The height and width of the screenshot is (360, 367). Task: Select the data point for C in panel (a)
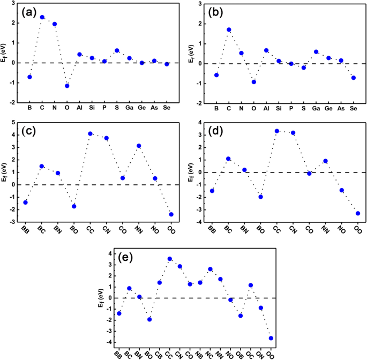tap(42, 17)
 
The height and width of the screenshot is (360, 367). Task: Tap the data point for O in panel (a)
tap(67, 86)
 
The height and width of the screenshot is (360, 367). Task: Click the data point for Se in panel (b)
tap(353, 78)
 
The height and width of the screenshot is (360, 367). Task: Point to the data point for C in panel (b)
tap(229, 30)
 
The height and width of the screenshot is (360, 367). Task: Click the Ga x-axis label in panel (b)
tap(316, 109)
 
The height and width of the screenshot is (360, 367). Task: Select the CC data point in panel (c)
tap(91, 134)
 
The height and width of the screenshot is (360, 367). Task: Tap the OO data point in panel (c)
tap(171, 214)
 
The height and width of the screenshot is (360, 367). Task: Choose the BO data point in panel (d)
tap(260, 197)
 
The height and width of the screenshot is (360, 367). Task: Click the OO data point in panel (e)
tap(271, 338)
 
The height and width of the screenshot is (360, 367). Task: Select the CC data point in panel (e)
tap(170, 259)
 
